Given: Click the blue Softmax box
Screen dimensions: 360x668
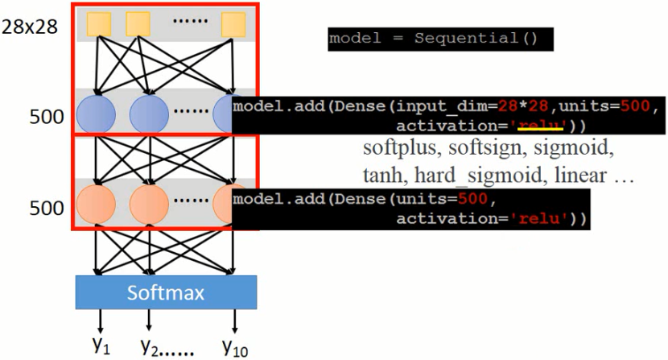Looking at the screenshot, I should [166, 292].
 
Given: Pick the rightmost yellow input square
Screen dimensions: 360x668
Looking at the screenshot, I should [233, 24].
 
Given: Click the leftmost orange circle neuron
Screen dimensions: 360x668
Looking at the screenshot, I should [97, 206].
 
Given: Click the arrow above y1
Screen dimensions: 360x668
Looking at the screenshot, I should [100, 323].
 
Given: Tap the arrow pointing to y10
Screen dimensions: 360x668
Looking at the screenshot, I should [234, 323].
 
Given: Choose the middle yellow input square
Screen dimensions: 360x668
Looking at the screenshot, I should [138, 24].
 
